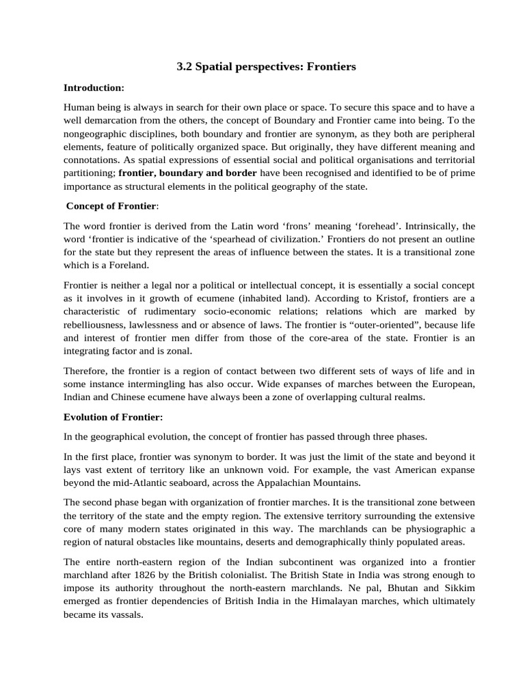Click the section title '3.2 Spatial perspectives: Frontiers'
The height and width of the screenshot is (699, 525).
click(x=267, y=67)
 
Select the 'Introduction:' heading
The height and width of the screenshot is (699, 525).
click(x=94, y=88)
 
